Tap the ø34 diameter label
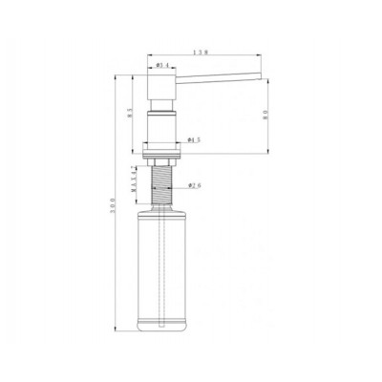point(162,65)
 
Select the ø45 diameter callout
point(194,139)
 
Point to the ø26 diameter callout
point(194,185)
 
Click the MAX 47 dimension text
point(136,180)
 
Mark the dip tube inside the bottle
point(163,267)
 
